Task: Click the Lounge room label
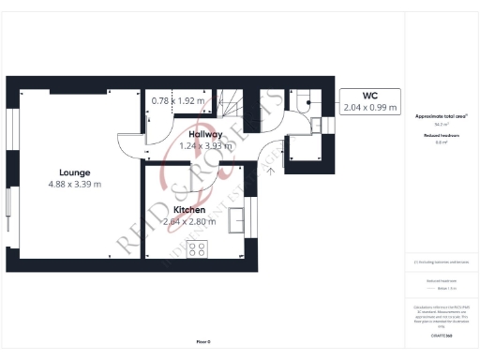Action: (74, 172)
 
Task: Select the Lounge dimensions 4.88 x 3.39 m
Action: (74, 184)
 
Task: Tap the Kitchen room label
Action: (189, 210)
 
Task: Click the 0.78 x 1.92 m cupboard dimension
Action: (177, 100)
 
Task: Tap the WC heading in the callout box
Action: (369, 96)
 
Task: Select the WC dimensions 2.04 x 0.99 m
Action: (369, 108)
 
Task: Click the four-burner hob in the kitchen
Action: (198, 248)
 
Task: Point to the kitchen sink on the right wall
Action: (240, 221)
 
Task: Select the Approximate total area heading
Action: (442, 116)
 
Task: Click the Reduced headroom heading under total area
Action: (442, 136)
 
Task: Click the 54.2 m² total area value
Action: (442, 124)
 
